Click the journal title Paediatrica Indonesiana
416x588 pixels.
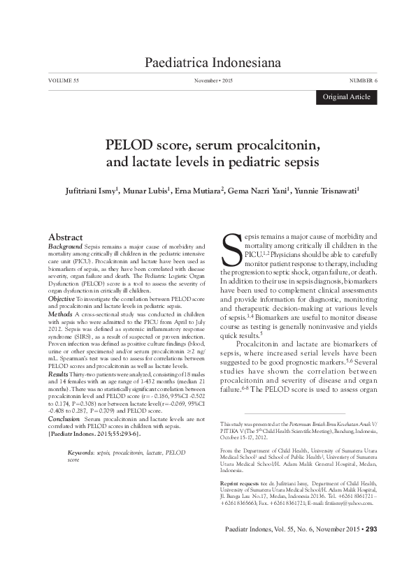point(212,64)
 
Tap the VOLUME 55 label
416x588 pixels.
point(64,82)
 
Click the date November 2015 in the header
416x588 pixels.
point(213,82)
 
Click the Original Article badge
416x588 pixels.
point(346,97)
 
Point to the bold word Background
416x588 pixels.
point(64,247)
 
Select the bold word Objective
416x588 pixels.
point(60,299)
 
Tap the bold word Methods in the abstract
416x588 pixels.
point(59,315)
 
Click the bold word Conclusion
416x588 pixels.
point(63,419)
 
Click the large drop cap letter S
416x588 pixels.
point(231,249)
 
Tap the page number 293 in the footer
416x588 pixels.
point(371,548)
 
